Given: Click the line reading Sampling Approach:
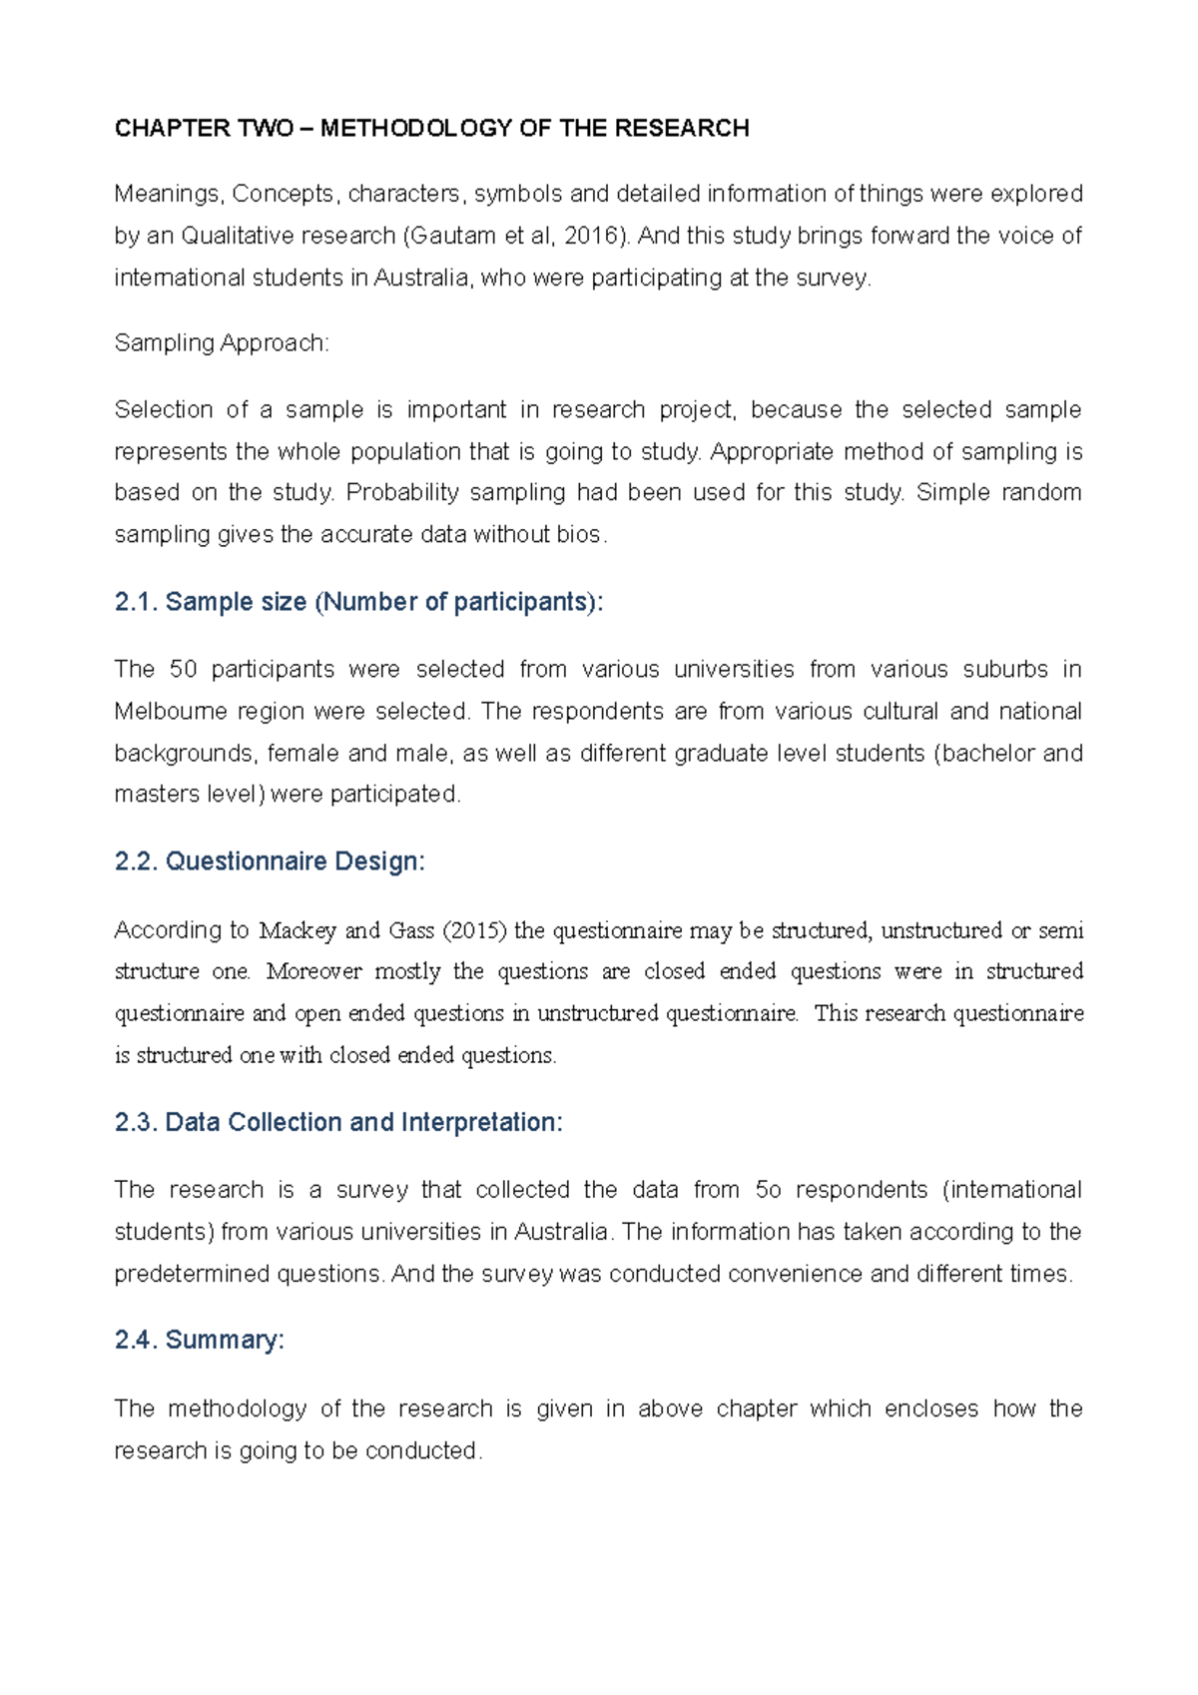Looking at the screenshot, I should (222, 342).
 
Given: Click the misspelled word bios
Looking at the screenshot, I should (579, 534).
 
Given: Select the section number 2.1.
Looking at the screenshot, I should (136, 602).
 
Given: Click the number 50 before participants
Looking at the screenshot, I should (184, 669).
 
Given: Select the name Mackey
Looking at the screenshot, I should (298, 930).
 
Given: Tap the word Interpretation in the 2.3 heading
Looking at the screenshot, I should (481, 1122).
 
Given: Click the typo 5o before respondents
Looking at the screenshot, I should (768, 1190).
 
